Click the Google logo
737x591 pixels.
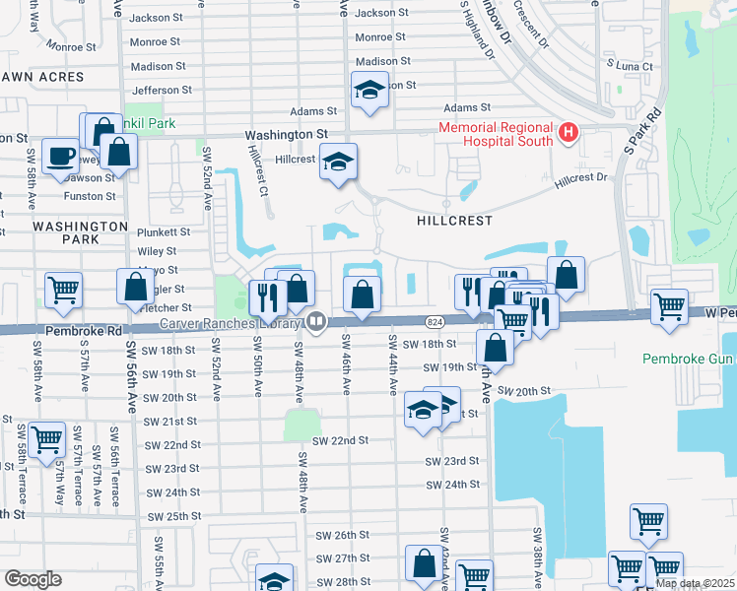click(x=33, y=579)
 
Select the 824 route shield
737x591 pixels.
click(x=435, y=322)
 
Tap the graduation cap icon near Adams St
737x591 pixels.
click(x=369, y=90)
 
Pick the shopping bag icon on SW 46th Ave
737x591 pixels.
click(x=363, y=294)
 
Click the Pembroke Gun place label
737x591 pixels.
click(x=689, y=358)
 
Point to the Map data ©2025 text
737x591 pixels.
click(x=695, y=583)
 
